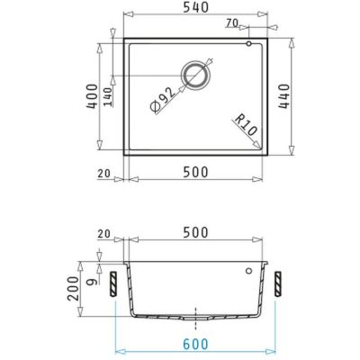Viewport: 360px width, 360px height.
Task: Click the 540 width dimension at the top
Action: click(196, 7)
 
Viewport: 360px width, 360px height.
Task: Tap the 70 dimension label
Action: click(232, 22)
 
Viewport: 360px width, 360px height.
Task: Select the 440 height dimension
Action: click(283, 96)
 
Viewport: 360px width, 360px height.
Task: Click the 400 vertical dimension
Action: click(92, 96)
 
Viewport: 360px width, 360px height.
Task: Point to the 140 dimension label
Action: click(108, 97)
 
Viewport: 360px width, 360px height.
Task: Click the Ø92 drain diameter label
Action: click(163, 100)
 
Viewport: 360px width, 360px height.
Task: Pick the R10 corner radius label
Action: click(246, 125)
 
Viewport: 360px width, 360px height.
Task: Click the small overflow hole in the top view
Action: click(248, 44)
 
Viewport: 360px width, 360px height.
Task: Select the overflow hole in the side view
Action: click(248, 271)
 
